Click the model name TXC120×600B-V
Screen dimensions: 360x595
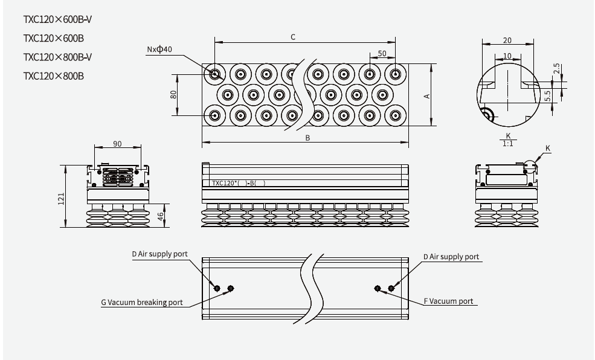click(57, 19)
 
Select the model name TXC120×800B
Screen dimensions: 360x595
click(53, 76)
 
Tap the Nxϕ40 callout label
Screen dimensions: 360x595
click(159, 49)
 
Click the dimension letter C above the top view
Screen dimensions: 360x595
click(293, 37)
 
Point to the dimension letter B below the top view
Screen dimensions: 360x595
click(307, 138)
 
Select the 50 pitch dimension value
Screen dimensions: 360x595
click(382, 54)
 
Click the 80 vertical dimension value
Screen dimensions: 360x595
click(173, 95)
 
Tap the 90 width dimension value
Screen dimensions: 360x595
click(117, 144)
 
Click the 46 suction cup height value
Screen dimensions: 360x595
click(161, 216)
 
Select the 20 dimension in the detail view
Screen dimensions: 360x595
click(507, 40)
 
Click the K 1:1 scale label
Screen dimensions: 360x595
click(508, 140)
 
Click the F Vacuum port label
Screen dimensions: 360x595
click(448, 301)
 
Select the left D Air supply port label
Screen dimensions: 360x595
click(159, 254)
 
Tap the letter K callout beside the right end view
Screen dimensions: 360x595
click(548, 148)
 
